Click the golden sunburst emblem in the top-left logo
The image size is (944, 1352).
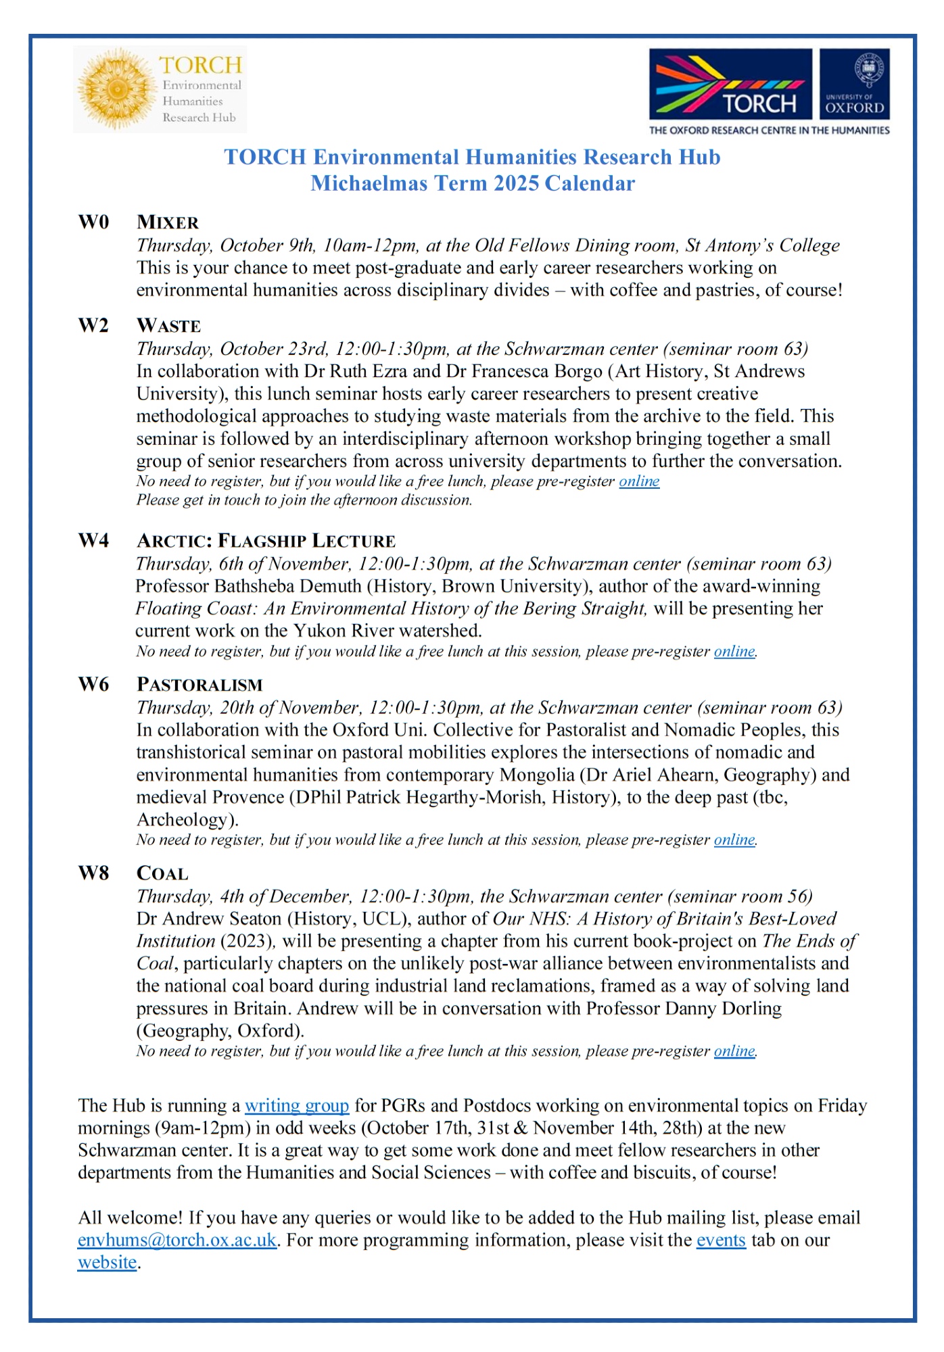(x=116, y=89)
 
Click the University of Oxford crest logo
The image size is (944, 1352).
(x=855, y=84)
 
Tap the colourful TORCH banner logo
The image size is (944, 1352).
(x=730, y=84)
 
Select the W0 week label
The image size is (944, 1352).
(x=93, y=222)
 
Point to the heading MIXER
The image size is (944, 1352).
(x=168, y=222)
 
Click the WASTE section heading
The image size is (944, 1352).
(x=168, y=326)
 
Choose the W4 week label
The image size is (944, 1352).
(x=93, y=541)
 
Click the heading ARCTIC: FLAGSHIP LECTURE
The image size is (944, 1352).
(x=266, y=541)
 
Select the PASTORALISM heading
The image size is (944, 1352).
(x=199, y=685)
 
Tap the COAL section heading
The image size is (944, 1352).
(x=162, y=873)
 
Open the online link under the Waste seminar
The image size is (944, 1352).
(x=639, y=481)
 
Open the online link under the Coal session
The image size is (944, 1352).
(x=734, y=1051)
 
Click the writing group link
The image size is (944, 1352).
(x=297, y=1106)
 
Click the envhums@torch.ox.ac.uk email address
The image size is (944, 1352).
(x=177, y=1240)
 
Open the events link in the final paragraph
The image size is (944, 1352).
(x=721, y=1240)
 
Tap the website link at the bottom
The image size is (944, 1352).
(x=108, y=1263)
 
